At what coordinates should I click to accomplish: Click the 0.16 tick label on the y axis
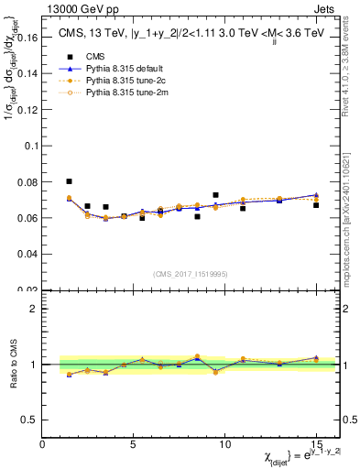(x=27, y=38)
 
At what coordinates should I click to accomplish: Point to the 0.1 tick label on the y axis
(x=29, y=146)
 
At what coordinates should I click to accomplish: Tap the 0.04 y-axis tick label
(x=27, y=253)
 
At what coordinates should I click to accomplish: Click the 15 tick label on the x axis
(x=316, y=444)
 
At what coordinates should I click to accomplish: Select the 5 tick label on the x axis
(x=134, y=444)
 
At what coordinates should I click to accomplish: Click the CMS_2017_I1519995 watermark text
(x=191, y=273)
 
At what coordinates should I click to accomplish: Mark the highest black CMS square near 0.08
(x=70, y=181)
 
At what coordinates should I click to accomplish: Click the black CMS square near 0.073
(x=215, y=195)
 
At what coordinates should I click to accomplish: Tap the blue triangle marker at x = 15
(x=316, y=195)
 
